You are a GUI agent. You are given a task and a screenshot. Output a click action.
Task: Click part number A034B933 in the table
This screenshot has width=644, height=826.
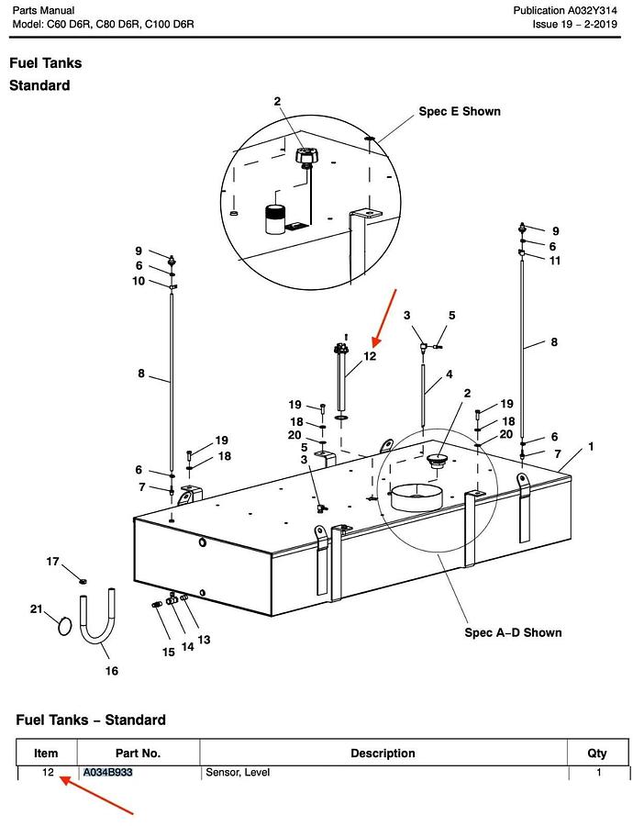[108, 772]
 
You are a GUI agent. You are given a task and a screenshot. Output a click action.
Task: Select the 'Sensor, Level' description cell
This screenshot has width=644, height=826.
[238, 772]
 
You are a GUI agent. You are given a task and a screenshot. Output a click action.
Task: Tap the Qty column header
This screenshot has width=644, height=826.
[597, 753]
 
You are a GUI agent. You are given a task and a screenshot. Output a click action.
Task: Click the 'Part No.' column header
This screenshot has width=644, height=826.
[138, 753]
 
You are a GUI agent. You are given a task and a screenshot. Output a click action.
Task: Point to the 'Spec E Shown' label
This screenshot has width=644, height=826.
[460, 111]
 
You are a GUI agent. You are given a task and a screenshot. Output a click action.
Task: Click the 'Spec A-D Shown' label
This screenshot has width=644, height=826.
[513, 632]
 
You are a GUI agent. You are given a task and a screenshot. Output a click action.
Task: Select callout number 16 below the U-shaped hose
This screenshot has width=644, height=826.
[112, 671]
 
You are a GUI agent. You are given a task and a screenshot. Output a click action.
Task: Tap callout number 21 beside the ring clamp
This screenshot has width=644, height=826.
[36, 609]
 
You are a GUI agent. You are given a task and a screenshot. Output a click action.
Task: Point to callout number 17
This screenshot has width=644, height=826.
[52, 562]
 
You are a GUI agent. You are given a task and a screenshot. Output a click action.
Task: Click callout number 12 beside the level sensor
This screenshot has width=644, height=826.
[371, 356]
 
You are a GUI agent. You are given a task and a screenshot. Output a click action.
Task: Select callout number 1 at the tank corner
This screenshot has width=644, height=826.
[591, 447]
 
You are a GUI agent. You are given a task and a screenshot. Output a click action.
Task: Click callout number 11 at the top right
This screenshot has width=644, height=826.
[555, 261]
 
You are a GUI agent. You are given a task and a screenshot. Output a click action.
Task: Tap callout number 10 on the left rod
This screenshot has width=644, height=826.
[139, 281]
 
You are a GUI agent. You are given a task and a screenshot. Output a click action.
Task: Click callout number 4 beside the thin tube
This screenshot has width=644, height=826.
[450, 374]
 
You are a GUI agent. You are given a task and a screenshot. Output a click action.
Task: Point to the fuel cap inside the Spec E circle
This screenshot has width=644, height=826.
[305, 156]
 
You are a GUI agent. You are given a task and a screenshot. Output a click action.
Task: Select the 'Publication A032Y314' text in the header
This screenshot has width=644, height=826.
[565, 10]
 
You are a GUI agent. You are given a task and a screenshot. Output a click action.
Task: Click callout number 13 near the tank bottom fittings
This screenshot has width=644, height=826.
[204, 640]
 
